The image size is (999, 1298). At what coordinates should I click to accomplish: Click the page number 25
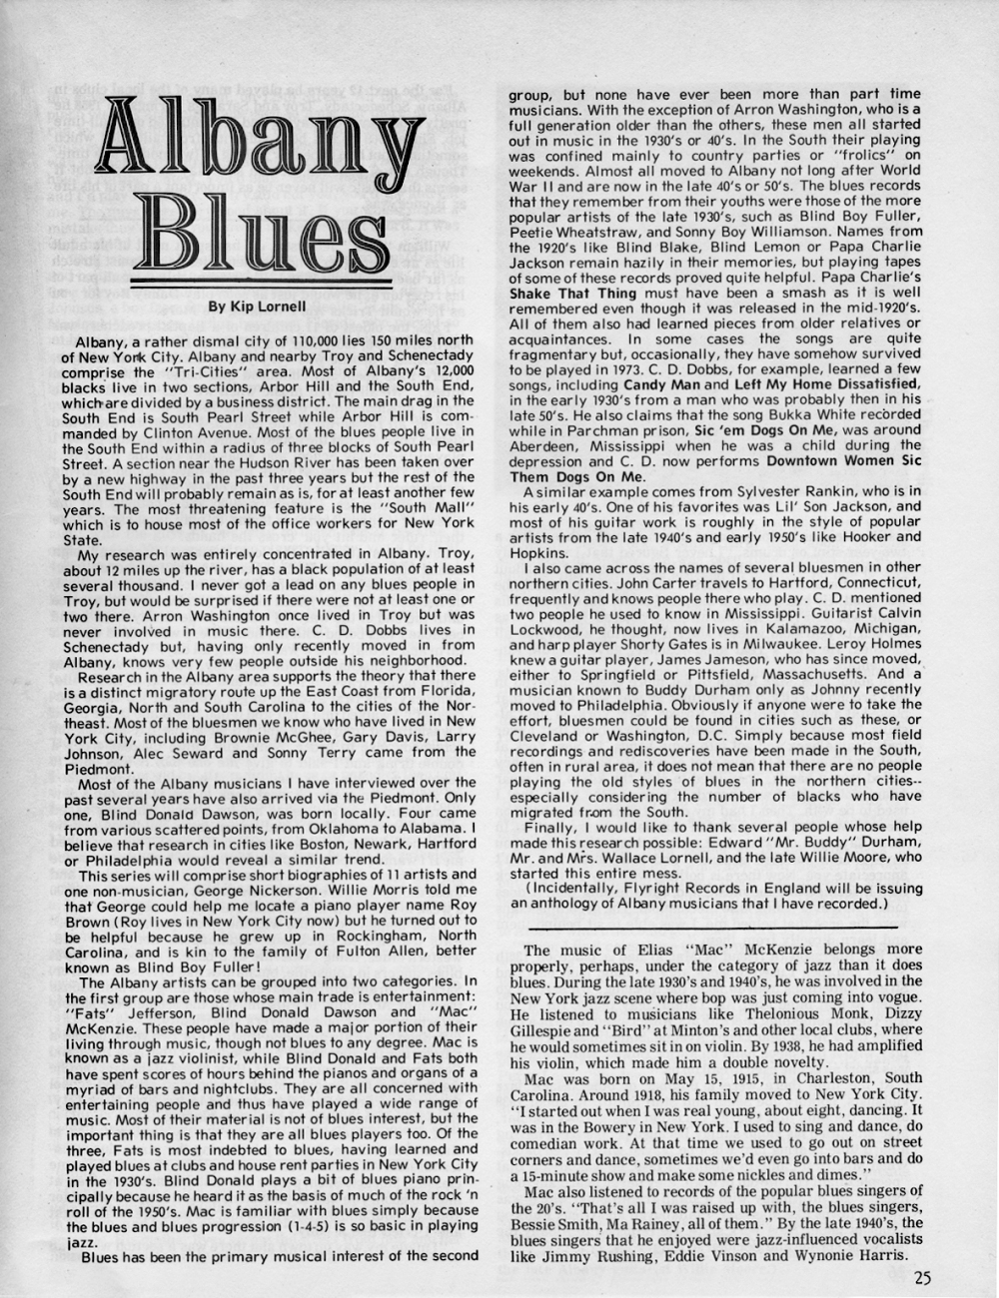point(921,1273)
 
